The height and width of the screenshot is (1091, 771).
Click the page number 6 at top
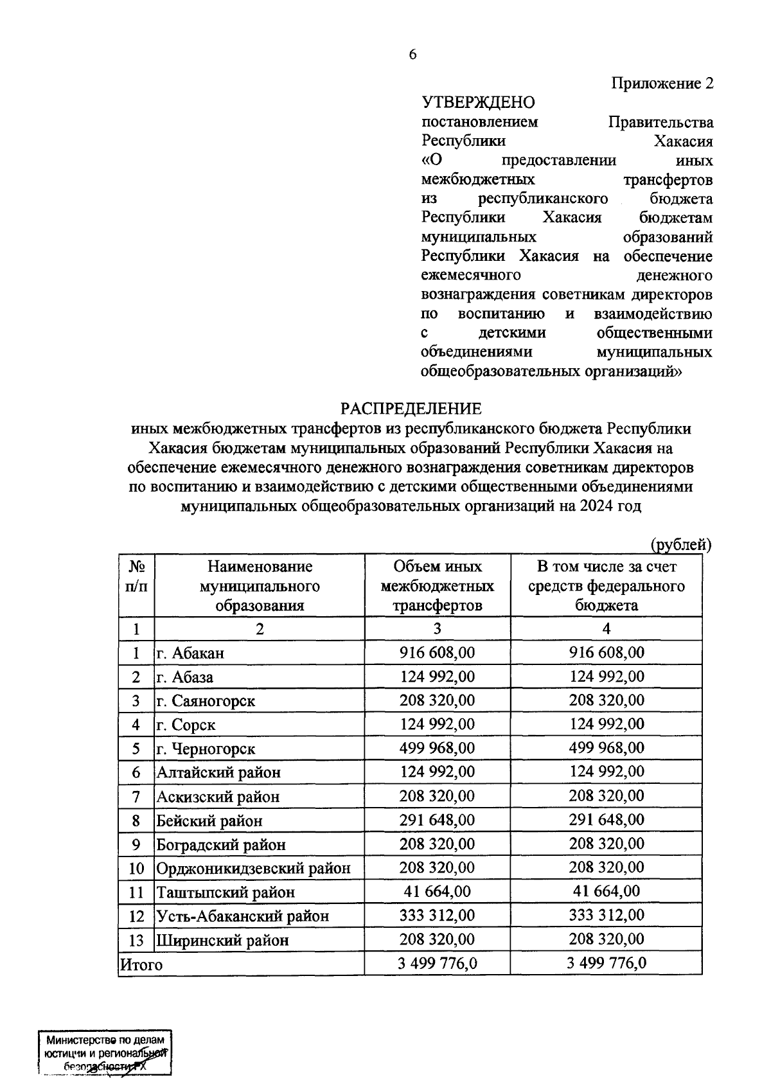pyautogui.click(x=412, y=55)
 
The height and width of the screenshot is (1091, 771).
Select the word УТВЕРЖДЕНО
pyautogui.click(x=478, y=102)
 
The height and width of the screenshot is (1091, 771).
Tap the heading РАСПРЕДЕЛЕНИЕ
pyautogui.click(x=411, y=409)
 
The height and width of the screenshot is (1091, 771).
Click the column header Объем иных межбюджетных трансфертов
pyautogui.click(x=437, y=585)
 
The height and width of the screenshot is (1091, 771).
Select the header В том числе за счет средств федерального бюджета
pyautogui.click(x=606, y=585)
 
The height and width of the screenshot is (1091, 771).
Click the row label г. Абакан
pyautogui.click(x=191, y=653)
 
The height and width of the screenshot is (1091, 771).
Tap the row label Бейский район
pyautogui.click(x=209, y=820)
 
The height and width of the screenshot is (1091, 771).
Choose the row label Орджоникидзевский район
pyautogui.click(x=254, y=869)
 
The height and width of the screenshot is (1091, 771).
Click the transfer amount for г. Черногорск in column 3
pyautogui.click(x=437, y=749)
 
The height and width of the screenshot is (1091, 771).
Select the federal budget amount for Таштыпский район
pyautogui.click(x=606, y=891)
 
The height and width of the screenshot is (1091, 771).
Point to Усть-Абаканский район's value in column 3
pyautogui.click(x=437, y=916)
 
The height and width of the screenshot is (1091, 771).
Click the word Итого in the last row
pyautogui.click(x=141, y=964)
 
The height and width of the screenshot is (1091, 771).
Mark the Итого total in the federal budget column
pyautogui.click(x=606, y=963)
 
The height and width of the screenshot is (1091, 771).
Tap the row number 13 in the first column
pyautogui.click(x=136, y=941)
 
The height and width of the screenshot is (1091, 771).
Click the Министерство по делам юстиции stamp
pyautogui.click(x=105, y=1054)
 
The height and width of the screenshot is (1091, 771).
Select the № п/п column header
pyautogui.click(x=137, y=576)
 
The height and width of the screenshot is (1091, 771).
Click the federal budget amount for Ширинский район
pyautogui.click(x=606, y=939)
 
